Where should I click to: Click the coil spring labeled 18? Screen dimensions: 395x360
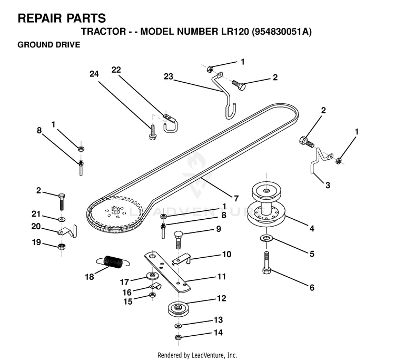113,261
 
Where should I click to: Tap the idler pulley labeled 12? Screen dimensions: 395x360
179,308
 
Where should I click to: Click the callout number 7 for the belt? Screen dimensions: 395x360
236,198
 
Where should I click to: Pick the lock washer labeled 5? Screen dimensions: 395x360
266,238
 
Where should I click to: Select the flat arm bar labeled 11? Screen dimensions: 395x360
167,272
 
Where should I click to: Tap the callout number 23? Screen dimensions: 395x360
169,76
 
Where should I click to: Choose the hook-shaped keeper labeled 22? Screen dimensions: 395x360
171,123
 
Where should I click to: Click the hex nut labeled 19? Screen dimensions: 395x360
62,246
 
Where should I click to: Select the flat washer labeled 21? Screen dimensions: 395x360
62,218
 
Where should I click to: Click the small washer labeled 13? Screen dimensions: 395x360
178,326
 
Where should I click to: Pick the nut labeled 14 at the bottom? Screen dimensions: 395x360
178,337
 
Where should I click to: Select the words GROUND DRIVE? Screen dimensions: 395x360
49,45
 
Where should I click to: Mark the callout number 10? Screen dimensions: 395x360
226,254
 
